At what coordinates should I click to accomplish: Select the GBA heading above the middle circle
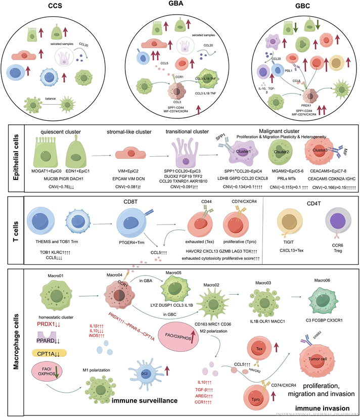(x=179, y=8)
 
